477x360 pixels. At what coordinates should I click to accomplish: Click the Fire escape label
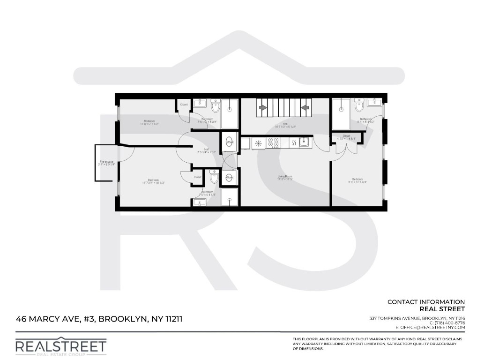click(106, 163)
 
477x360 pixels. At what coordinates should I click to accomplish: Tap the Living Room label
click(285, 178)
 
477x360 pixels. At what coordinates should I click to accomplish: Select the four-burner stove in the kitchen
click(273, 142)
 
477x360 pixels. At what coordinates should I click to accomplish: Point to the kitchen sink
click(305, 142)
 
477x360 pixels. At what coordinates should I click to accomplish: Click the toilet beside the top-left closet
click(216, 107)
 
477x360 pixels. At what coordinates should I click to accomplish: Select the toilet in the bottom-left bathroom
click(213, 177)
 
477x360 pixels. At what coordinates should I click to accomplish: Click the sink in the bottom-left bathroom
click(199, 202)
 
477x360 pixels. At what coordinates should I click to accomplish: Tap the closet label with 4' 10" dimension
click(346, 137)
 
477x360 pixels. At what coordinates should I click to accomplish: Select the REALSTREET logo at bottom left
click(61, 347)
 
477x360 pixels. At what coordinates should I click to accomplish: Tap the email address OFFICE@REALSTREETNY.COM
click(431, 327)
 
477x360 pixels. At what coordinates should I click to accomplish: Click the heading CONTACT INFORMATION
click(426, 302)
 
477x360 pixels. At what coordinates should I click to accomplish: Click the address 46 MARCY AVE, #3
click(56, 319)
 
